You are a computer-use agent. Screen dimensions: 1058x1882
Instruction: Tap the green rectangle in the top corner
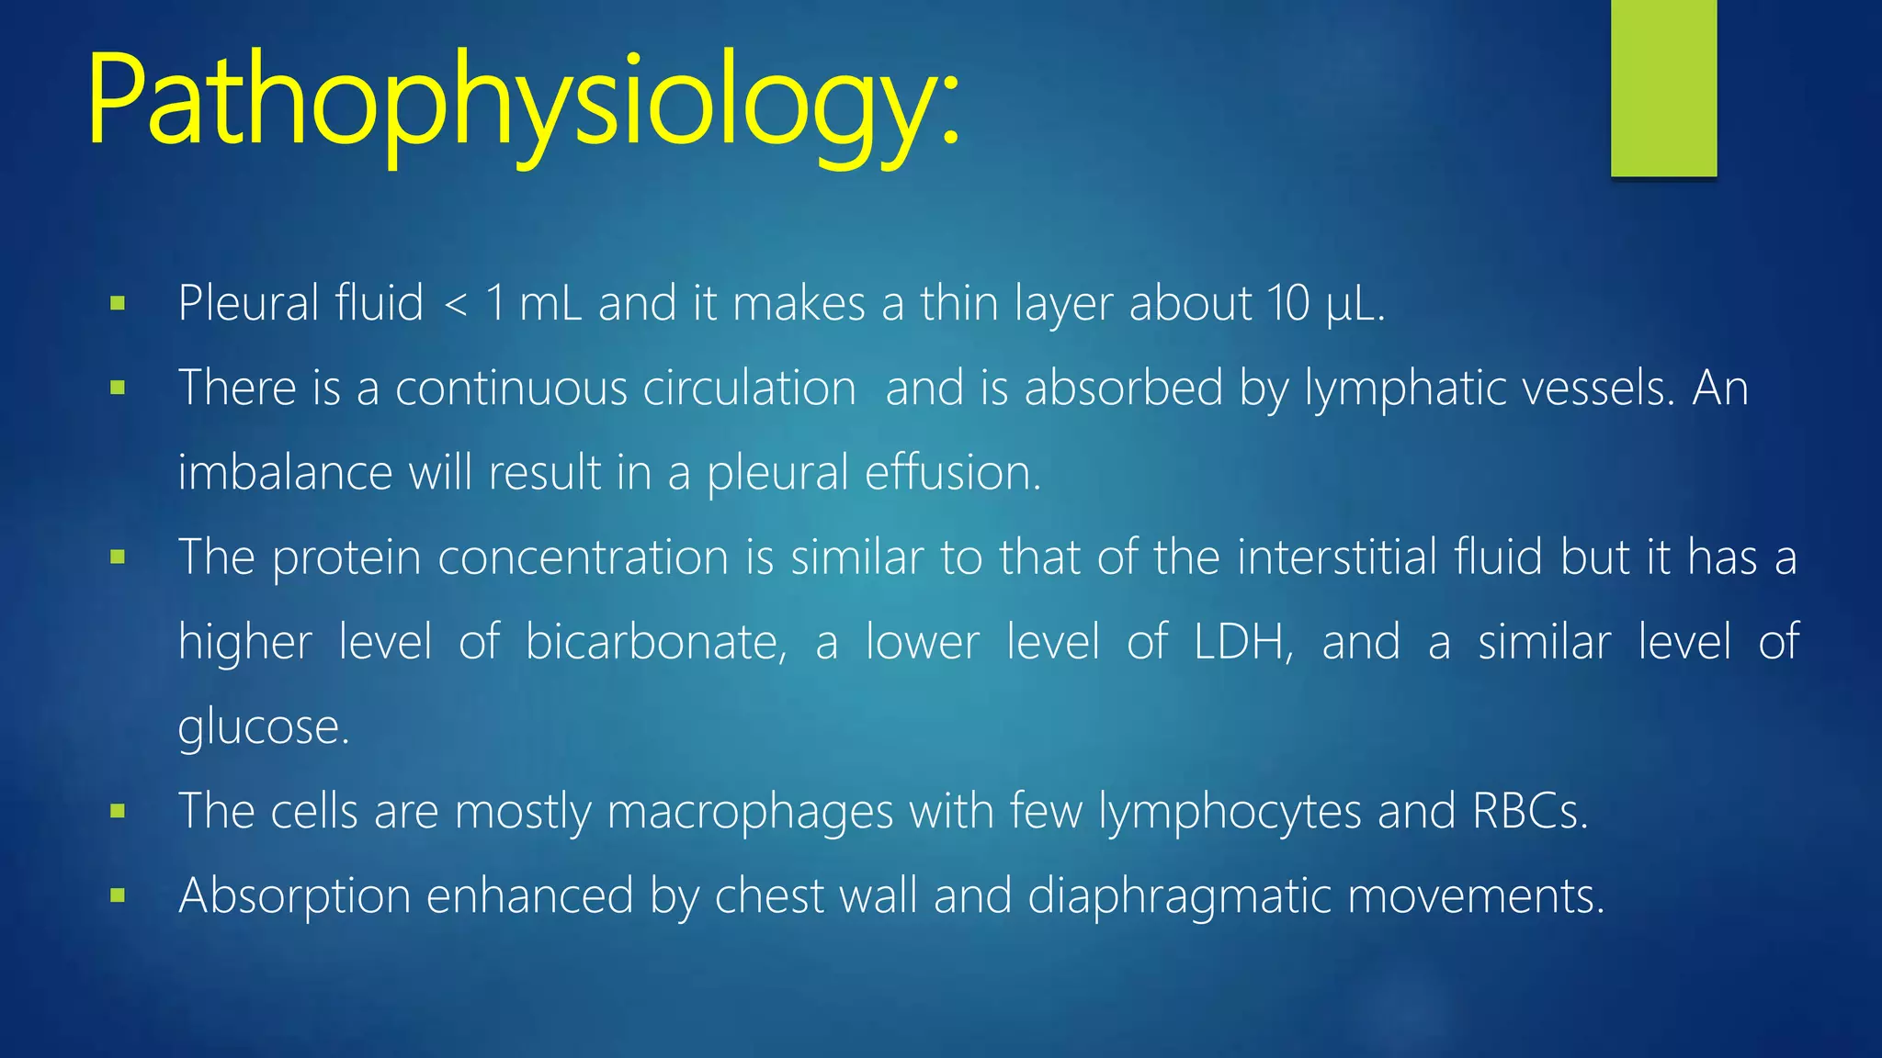pyautogui.click(x=1663, y=87)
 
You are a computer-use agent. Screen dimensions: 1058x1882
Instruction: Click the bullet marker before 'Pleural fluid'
pyautogui.click(x=118, y=303)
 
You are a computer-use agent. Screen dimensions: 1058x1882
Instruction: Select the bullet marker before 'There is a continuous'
pyautogui.click(x=118, y=388)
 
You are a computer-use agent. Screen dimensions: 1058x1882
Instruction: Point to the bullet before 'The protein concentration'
pyautogui.click(x=118, y=557)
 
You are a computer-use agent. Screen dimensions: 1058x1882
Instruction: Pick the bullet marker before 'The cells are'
pyautogui.click(x=118, y=811)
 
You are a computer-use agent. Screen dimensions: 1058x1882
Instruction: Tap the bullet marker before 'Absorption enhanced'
pyautogui.click(x=118, y=895)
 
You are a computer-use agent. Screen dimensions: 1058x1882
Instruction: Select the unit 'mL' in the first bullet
pyautogui.click(x=550, y=303)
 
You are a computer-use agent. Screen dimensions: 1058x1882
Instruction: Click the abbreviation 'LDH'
pyautogui.click(x=1241, y=641)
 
